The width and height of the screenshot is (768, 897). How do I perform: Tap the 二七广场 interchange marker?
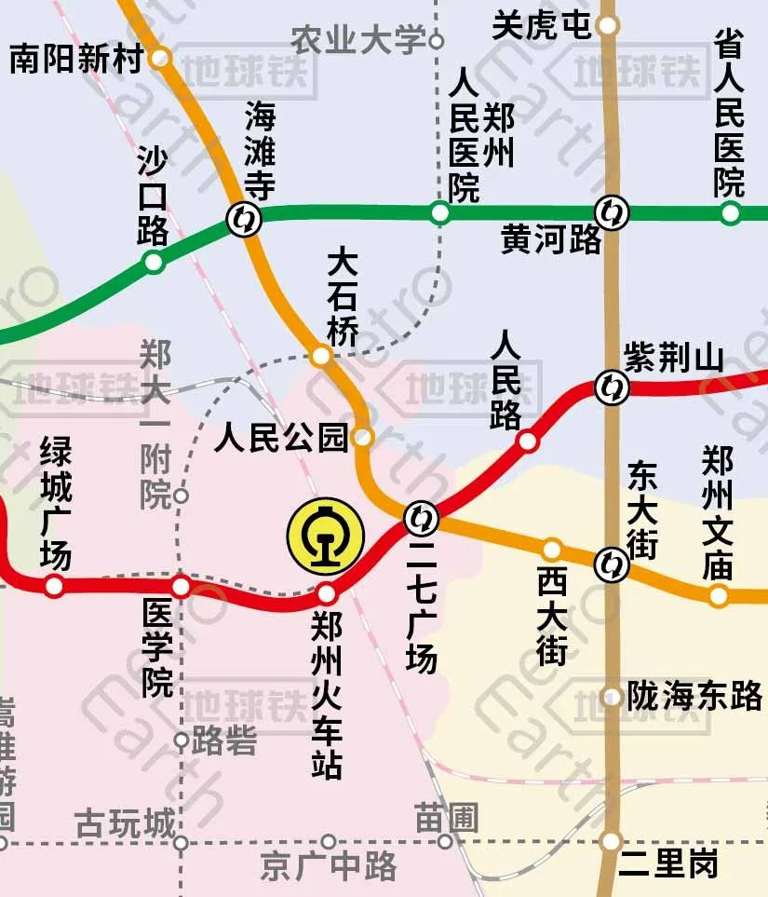pyautogui.click(x=421, y=516)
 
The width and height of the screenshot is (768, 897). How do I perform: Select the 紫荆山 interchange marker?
pyautogui.click(x=612, y=383)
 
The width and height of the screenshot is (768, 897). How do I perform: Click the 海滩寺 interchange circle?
pyautogui.click(x=244, y=220)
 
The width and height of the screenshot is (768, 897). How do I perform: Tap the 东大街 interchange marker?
pyautogui.click(x=611, y=562)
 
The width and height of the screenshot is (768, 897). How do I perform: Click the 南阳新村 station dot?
pyautogui.click(x=161, y=58)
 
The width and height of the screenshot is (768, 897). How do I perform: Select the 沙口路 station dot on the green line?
pyautogui.click(x=154, y=263)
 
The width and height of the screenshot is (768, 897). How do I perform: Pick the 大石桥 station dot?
pyautogui.click(x=321, y=356)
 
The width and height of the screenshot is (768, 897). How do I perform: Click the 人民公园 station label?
pyautogui.click(x=281, y=437)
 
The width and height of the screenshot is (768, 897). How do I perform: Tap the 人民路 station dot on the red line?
pyautogui.click(x=528, y=441)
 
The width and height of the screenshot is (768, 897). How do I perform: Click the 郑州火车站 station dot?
pyautogui.click(x=327, y=593)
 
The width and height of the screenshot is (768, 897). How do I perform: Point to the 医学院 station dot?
pyautogui.click(x=182, y=587)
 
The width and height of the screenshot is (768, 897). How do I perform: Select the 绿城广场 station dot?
pyautogui.click(x=55, y=586)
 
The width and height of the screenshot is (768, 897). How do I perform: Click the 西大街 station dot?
pyautogui.click(x=552, y=549)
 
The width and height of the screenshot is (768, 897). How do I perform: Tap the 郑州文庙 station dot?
pyautogui.click(x=718, y=595)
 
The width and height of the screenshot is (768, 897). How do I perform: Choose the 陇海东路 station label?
pyautogui.click(x=694, y=696)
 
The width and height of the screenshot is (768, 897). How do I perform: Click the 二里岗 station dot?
pyautogui.click(x=611, y=841)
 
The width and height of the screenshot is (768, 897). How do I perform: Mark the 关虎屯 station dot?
pyautogui.click(x=608, y=25)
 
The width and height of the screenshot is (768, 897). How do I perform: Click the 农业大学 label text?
pyautogui.click(x=358, y=40)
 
